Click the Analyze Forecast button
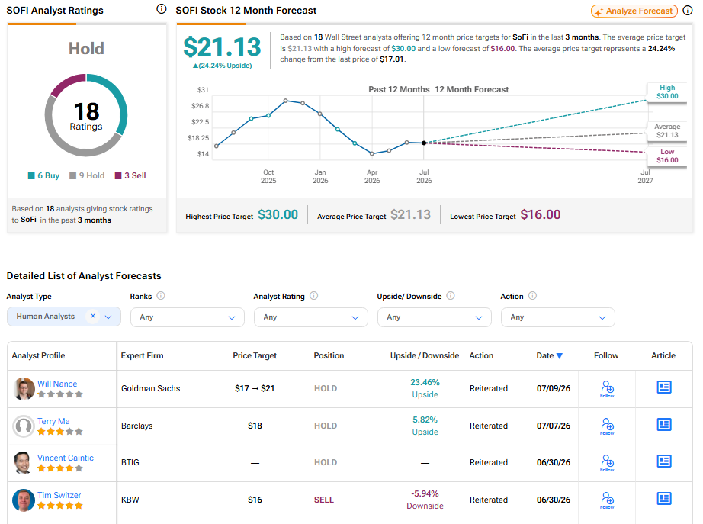click(634, 11)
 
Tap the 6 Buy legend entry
click(43, 175)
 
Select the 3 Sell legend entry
click(130, 175)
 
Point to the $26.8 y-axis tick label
click(200, 106)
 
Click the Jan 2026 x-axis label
click(320, 176)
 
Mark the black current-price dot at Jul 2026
click(424, 143)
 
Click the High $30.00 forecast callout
click(667, 92)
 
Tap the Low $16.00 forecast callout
click(667, 156)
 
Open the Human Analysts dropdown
click(64, 317)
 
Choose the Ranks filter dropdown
click(188, 317)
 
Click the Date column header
click(549, 355)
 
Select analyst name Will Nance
click(57, 384)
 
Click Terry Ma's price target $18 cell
click(255, 426)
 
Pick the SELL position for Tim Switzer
click(324, 500)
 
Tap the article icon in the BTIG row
click(663, 461)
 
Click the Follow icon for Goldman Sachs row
click(607, 388)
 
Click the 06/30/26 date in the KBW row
click(554, 500)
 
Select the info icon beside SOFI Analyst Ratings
click(162, 9)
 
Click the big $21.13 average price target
click(222, 47)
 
